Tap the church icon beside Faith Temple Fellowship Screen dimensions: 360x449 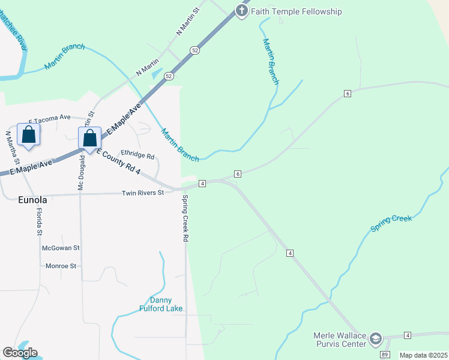point(241,11)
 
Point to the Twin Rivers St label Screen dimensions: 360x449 point(143,193)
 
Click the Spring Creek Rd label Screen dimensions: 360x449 point(185,218)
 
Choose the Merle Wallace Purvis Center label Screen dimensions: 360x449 point(340,340)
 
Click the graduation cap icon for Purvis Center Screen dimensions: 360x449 point(376,339)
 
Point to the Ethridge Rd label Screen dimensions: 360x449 point(137,156)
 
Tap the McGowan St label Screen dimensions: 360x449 point(61,247)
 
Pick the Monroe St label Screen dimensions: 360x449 point(61,265)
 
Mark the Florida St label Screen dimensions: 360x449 point(40,221)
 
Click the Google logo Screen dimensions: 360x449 point(20,353)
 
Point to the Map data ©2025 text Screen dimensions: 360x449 point(423,355)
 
